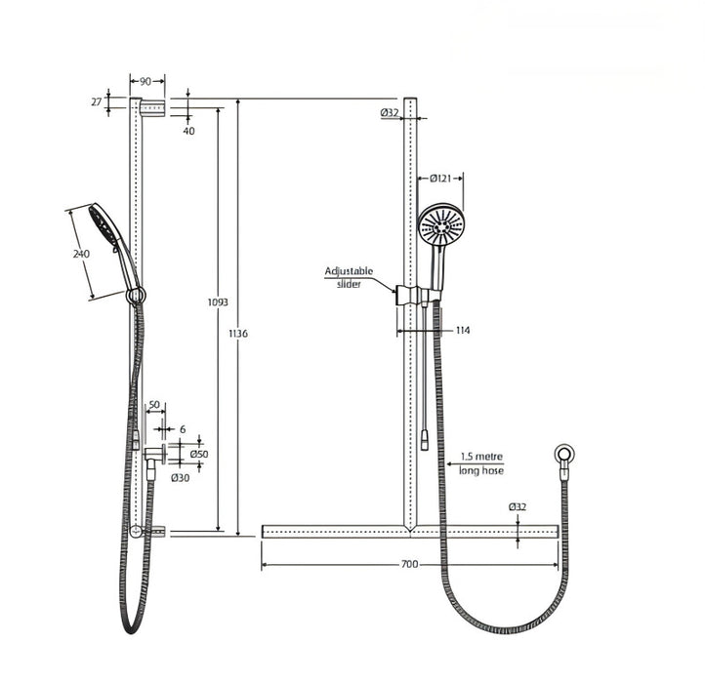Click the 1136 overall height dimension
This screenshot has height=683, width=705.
[x=238, y=334]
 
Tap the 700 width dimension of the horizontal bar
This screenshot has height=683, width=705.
[x=410, y=564]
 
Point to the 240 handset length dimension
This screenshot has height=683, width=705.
[x=81, y=254]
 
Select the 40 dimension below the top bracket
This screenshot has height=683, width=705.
[x=188, y=130]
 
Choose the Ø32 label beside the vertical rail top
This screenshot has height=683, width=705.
[x=390, y=113]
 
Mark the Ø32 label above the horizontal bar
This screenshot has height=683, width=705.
[x=518, y=506]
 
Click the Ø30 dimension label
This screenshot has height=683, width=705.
[x=180, y=477]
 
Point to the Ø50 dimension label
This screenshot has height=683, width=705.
[x=199, y=454]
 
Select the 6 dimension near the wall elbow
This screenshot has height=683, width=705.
[x=182, y=428]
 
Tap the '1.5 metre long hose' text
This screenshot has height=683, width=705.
[x=481, y=463]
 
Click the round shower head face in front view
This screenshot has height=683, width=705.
[x=441, y=225]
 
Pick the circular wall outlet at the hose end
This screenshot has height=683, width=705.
[x=563, y=454]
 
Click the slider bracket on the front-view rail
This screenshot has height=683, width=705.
[x=412, y=295]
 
